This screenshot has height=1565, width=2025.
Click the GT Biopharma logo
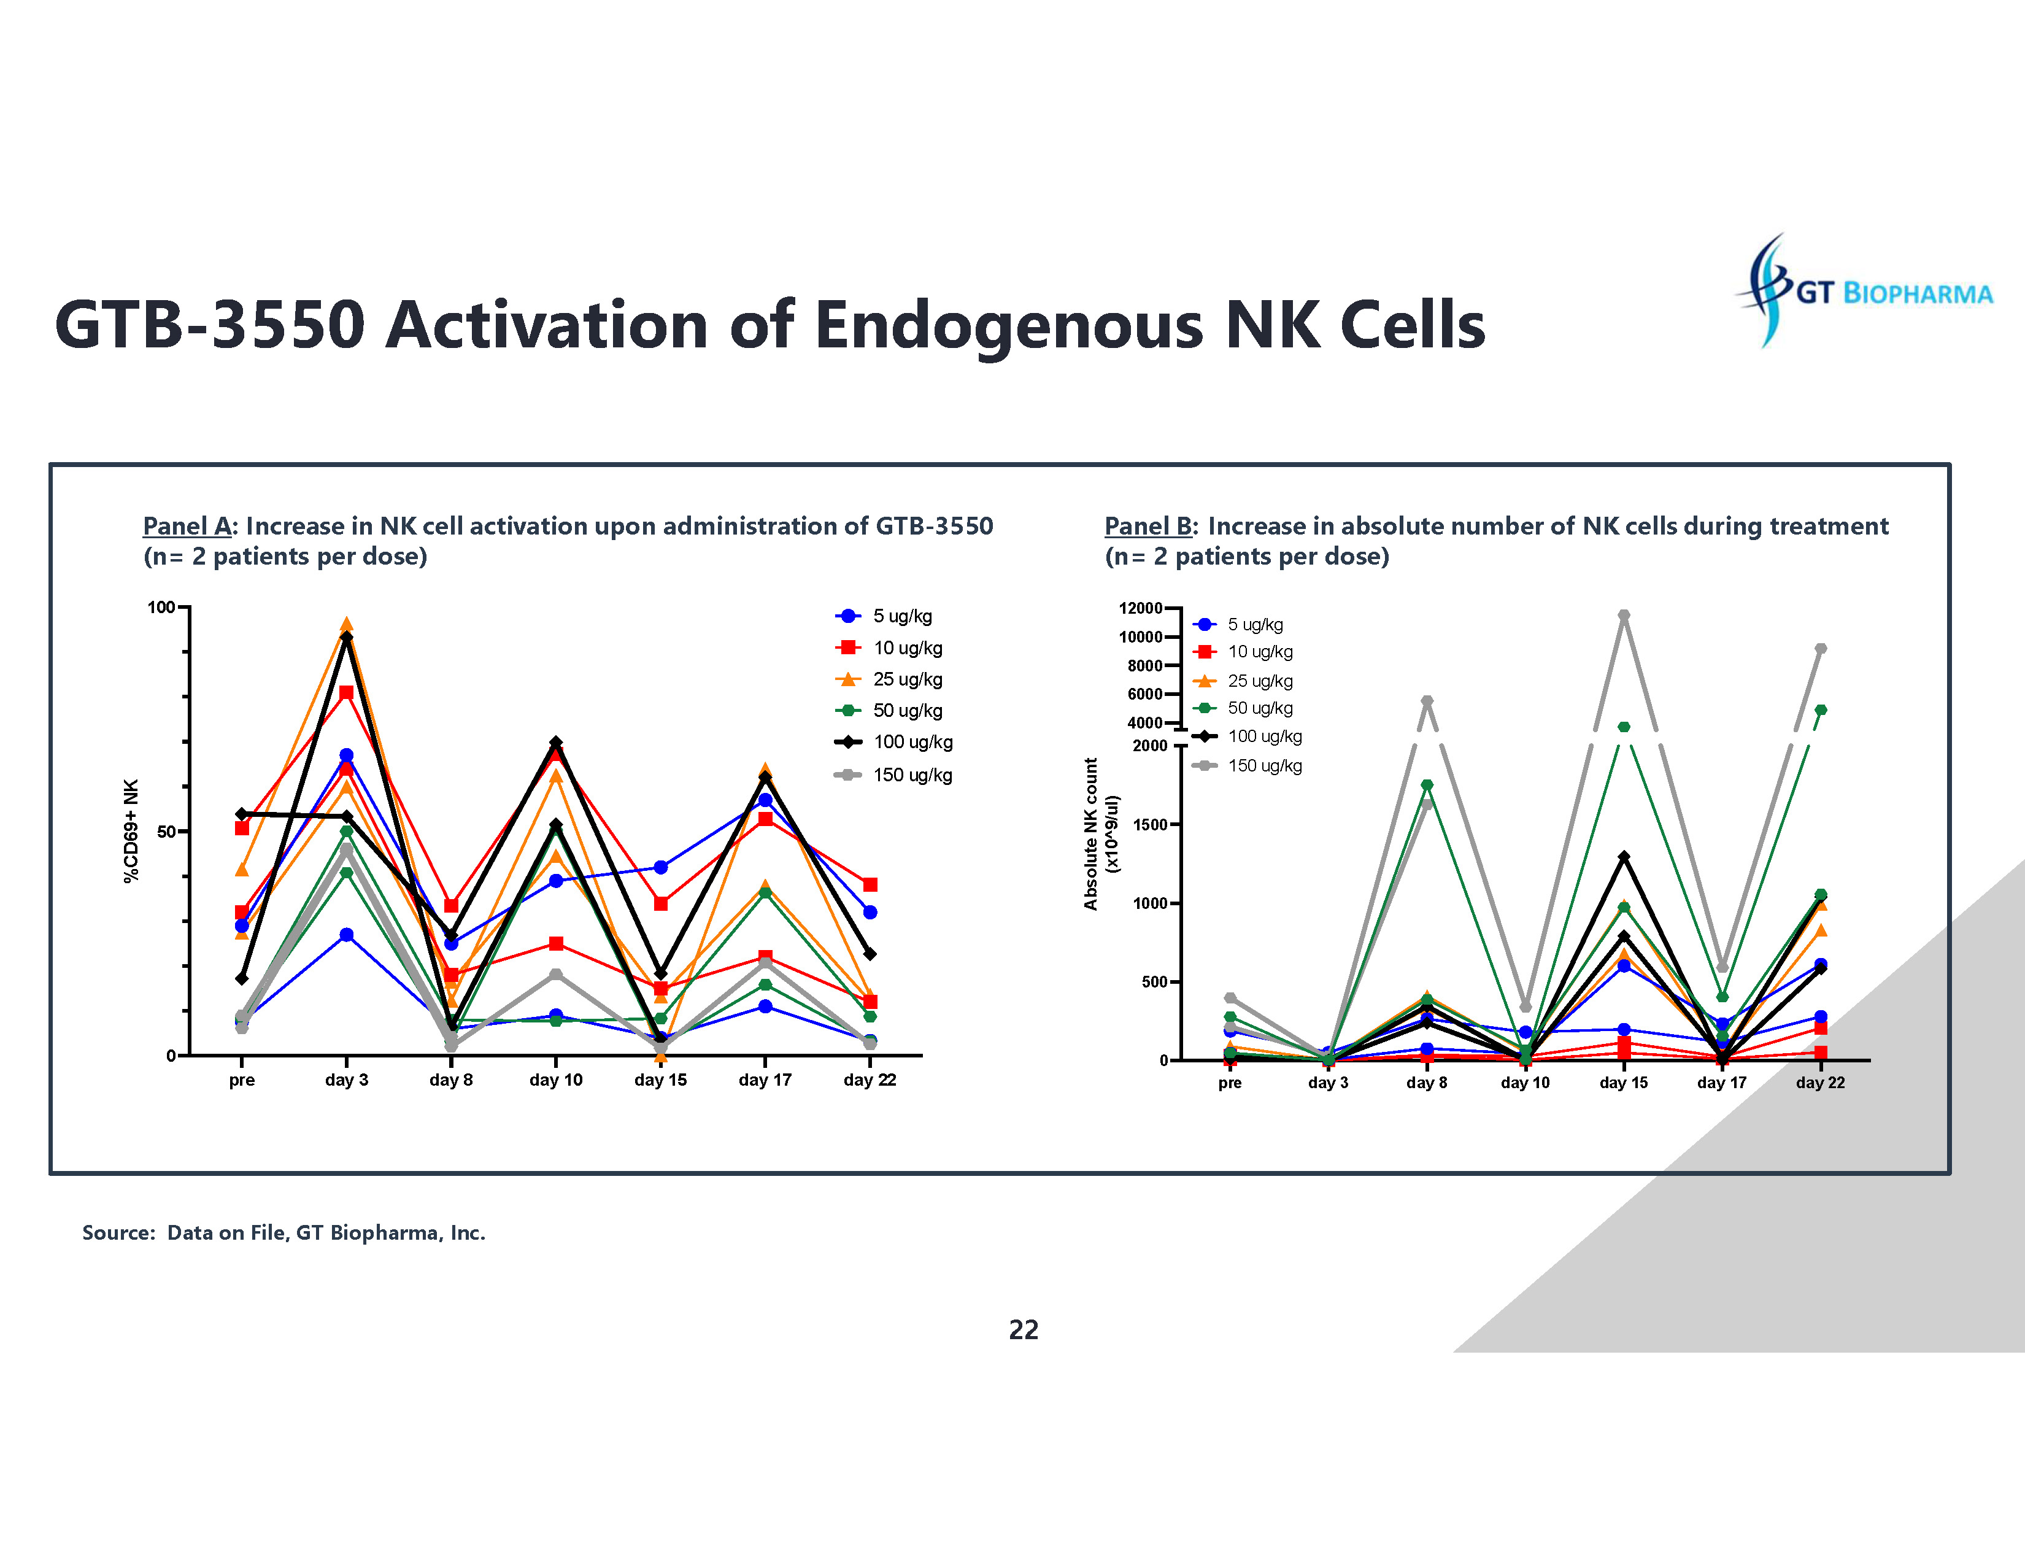[1864, 291]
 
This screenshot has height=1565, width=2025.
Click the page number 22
[1023, 1329]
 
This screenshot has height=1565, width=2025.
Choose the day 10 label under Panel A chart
[555, 1080]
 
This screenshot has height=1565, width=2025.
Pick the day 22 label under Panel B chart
[1819, 1083]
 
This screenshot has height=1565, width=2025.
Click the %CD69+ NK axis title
[131, 831]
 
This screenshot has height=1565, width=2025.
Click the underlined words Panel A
[187, 527]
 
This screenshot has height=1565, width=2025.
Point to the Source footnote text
[283, 1232]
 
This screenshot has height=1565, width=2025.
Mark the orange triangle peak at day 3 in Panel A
[347, 624]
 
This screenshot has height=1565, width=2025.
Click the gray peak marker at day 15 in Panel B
[1624, 615]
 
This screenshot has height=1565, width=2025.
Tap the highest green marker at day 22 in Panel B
[1820, 710]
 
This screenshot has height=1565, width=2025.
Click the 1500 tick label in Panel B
[1150, 824]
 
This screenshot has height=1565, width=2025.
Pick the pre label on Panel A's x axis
[242, 1080]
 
